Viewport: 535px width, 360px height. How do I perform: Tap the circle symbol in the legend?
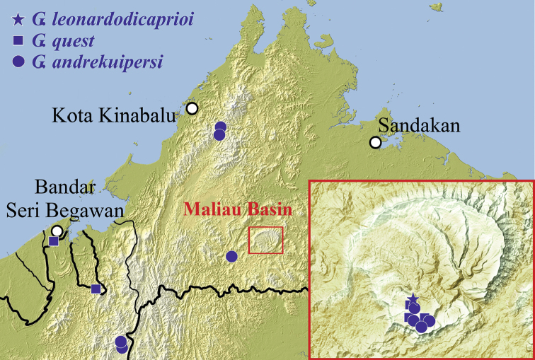19,62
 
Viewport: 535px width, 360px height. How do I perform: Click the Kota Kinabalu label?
114,115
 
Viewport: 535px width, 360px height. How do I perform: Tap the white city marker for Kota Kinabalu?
192,108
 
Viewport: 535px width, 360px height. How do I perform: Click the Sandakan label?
419,126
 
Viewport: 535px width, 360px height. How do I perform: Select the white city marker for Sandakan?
375,143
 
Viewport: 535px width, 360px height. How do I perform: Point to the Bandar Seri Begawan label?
79,200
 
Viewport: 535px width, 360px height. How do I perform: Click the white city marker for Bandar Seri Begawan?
57,231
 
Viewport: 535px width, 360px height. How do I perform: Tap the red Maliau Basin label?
238,209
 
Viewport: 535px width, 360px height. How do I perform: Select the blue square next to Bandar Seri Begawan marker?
54,241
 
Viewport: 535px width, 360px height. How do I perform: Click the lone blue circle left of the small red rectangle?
231,257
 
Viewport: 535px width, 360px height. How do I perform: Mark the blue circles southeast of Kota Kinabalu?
220,131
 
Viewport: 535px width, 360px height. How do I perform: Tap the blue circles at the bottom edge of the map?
121,344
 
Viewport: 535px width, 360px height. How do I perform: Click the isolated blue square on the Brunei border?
96,289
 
